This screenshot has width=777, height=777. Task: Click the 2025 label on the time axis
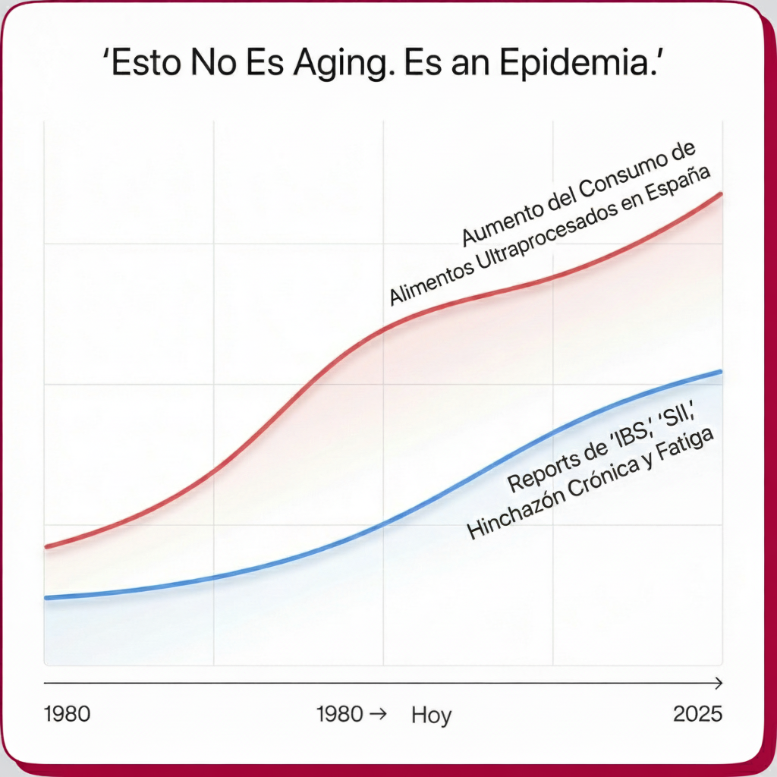tap(697, 714)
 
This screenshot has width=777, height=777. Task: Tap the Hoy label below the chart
tap(431, 715)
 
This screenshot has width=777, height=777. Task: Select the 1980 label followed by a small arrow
tap(341, 714)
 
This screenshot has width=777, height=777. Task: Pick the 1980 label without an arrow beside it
tap(68, 714)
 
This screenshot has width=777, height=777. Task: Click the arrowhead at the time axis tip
tap(719, 684)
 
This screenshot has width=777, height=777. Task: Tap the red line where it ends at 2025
tap(719, 193)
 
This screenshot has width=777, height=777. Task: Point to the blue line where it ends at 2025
tap(719, 371)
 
